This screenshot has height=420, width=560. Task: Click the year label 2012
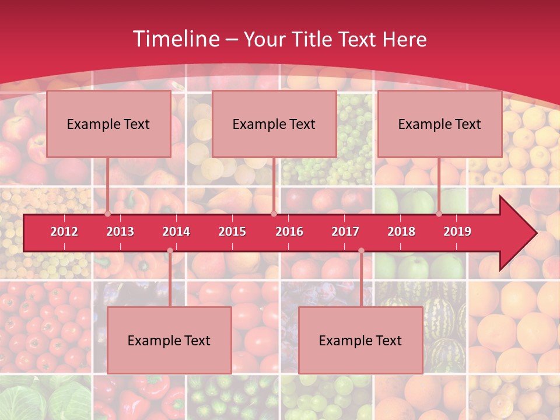click(x=64, y=232)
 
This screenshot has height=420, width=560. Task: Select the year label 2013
click(x=120, y=232)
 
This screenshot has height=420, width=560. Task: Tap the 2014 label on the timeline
click(x=176, y=232)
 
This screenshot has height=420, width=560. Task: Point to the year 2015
click(x=232, y=232)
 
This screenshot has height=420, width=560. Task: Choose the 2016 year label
click(x=289, y=232)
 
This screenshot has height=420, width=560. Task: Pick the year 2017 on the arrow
click(x=345, y=232)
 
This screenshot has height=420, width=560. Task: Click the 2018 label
click(x=401, y=232)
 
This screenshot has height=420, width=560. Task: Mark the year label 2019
click(x=457, y=232)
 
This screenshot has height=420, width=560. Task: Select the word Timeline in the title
click(x=175, y=39)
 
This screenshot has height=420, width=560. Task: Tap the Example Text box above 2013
click(x=108, y=124)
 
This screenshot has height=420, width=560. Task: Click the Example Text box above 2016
click(x=274, y=124)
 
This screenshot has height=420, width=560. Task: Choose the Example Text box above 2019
click(x=440, y=124)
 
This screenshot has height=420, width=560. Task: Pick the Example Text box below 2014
click(x=169, y=340)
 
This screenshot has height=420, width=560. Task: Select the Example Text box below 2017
click(x=360, y=340)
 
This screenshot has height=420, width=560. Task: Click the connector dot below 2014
click(x=170, y=251)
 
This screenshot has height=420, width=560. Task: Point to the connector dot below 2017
click(x=361, y=251)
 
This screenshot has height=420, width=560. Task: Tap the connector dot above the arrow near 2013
click(x=108, y=214)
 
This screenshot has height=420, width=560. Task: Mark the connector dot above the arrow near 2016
click(x=274, y=214)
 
